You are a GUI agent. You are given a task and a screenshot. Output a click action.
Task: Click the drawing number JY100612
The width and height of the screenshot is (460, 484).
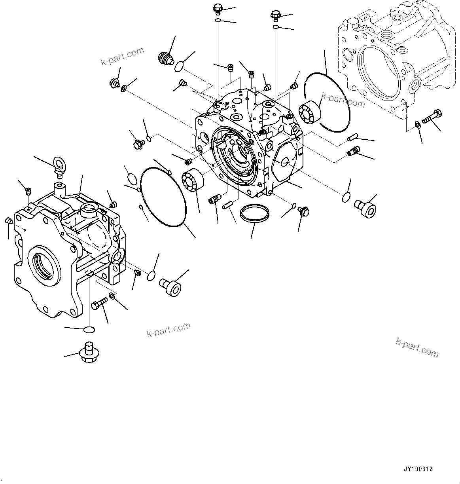click(x=418, y=469)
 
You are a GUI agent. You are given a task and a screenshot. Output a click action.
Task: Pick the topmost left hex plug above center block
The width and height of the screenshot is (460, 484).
click(x=218, y=8)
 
